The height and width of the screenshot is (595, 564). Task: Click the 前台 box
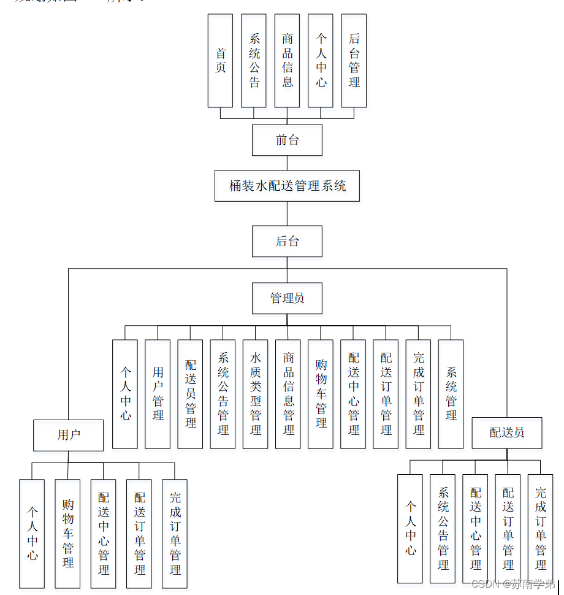[x=287, y=140]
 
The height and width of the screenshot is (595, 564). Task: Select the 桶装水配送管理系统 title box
[x=287, y=186]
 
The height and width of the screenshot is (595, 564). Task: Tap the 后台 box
[x=287, y=241]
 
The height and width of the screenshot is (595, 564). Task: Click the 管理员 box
[x=287, y=299]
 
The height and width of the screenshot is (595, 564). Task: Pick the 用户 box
[x=68, y=435]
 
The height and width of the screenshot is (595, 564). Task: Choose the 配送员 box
[x=507, y=432]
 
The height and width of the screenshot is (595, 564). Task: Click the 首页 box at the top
[x=220, y=61]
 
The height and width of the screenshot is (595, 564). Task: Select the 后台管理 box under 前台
[x=354, y=61]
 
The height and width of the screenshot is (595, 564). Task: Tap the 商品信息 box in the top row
[x=287, y=61]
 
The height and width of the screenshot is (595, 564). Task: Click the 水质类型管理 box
[x=255, y=394]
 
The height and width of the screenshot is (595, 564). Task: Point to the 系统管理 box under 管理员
[x=451, y=394]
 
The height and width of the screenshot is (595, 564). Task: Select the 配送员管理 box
[x=190, y=394]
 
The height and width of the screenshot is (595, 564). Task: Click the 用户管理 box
[x=158, y=394]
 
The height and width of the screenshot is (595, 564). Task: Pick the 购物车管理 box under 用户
[x=67, y=533]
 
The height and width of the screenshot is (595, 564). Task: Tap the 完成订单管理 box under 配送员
[x=540, y=528]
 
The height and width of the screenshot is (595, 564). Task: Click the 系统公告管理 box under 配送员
[x=443, y=528]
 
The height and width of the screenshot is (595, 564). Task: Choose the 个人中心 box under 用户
[x=32, y=533]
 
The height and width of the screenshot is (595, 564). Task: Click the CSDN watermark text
[x=512, y=583]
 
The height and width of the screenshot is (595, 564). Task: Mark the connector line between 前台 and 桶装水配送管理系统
[x=287, y=163]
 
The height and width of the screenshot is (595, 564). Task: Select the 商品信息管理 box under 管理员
[x=288, y=394]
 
